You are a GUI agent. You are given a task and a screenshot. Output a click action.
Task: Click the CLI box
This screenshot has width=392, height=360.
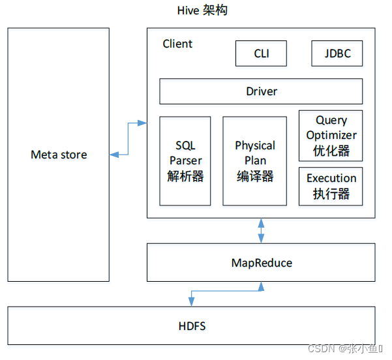click(x=261, y=53)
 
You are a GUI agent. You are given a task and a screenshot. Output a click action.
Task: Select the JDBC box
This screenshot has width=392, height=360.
click(x=337, y=53)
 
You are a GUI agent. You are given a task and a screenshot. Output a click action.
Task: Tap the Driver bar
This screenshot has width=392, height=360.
click(x=261, y=91)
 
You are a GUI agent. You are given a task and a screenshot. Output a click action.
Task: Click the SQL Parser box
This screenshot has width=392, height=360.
click(x=185, y=160)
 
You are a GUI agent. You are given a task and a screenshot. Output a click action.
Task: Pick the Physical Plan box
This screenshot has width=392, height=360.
click(x=254, y=160)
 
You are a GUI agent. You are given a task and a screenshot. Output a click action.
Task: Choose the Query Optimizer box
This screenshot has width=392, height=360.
click(x=331, y=135)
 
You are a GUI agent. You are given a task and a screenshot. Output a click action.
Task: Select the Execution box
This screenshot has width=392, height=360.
click(x=331, y=186)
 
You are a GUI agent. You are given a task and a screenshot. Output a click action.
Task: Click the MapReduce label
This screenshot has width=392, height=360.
click(x=261, y=263)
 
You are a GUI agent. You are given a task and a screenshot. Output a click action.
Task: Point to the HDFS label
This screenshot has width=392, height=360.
click(x=192, y=325)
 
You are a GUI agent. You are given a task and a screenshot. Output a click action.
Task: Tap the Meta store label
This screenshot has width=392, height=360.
click(x=59, y=155)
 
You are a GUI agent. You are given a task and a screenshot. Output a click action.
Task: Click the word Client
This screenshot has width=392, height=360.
click(x=177, y=44)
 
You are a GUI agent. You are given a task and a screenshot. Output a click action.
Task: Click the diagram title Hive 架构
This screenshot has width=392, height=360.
click(x=202, y=10)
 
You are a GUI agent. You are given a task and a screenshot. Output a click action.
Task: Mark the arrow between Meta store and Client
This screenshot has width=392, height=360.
click(x=128, y=138)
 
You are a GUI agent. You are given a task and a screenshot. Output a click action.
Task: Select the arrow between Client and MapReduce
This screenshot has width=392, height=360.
click(x=262, y=230)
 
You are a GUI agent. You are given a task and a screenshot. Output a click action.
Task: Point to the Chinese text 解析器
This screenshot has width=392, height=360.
click(x=185, y=176)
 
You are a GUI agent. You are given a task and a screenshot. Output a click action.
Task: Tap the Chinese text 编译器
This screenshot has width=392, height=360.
click(x=255, y=176)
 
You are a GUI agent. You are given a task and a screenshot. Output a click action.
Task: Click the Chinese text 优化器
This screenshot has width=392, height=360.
click(x=331, y=151)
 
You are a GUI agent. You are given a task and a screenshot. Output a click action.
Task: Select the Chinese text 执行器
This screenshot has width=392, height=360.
click(x=331, y=194)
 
